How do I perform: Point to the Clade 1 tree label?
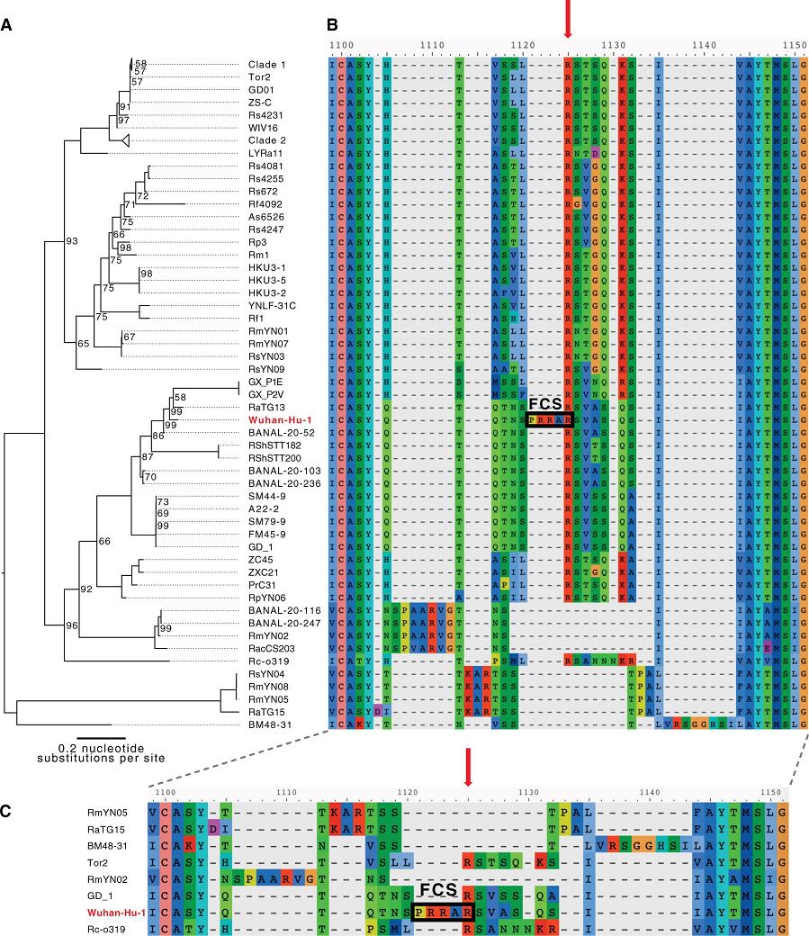click(x=266, y=65)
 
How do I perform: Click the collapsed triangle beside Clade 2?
click(x=127, y=140)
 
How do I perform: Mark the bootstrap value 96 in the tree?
click(x=73, y=624)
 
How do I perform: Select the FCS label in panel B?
click(x=546, y=405)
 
